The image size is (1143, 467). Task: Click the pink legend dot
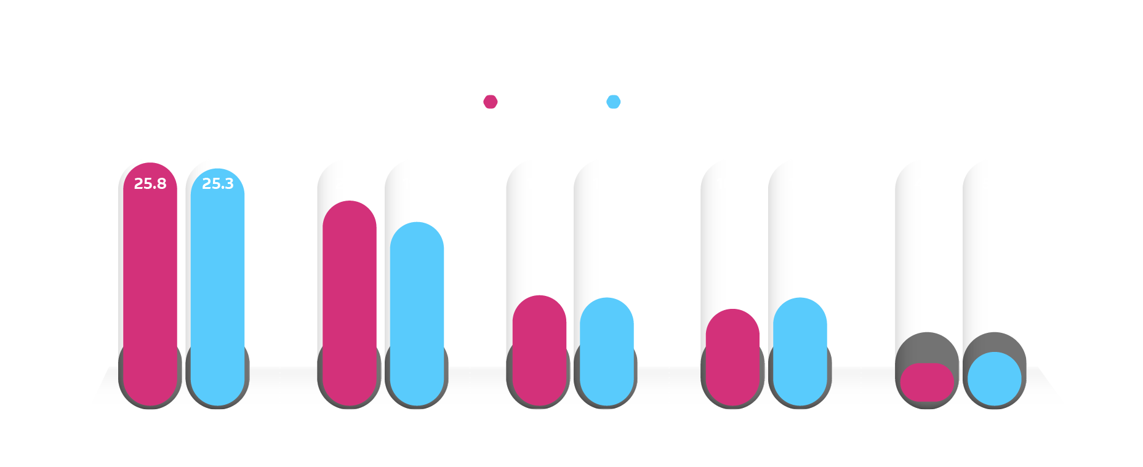[x=490, y=102]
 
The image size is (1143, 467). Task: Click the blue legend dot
[x=613, y=102]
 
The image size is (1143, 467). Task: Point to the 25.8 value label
[x=150, y=183]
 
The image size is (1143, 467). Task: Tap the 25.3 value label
[x=218, y=183]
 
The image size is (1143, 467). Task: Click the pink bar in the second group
[x=349, y=301]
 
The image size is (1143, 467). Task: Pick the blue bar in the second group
[x=417, y=314]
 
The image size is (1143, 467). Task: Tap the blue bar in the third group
[x=606, y=351]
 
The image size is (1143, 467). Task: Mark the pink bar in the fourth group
[x=732, y=357]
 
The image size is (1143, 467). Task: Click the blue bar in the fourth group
[x=800, y=351]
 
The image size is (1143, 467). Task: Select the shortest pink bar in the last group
[x=927, y=382]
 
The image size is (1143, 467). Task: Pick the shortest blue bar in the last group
[x=994, y=379]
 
